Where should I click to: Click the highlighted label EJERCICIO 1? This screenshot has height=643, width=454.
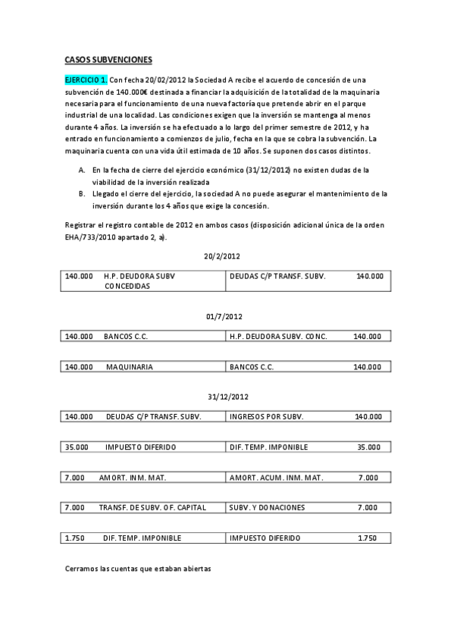tap(86, 80)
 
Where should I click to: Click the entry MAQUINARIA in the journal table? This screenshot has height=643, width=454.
tap(130, 366)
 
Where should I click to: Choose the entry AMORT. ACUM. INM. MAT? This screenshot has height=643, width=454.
tap(276, 477)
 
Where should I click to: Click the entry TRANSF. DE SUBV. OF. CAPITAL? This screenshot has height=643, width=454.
tap(152, 507)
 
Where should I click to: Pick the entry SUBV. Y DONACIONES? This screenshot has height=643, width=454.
tap(267, 507)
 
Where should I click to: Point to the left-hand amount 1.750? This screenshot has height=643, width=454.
tap(75, 538)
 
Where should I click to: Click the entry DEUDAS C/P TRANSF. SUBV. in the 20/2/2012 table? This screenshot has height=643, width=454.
tap(277, 277)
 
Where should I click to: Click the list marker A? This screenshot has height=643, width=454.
tap(82, 171)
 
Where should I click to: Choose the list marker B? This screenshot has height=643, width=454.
tap(82, 193)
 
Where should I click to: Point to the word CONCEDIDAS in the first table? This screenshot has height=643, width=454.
tap(127, 287)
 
